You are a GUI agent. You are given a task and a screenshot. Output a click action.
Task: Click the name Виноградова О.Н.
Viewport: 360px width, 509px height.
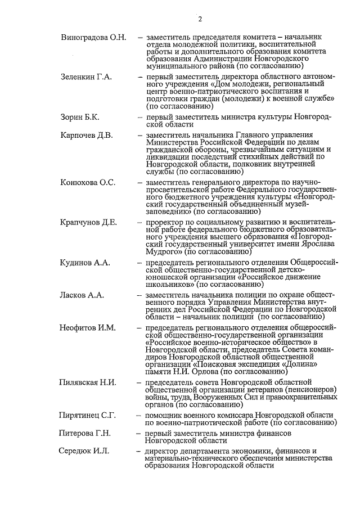click(x=93, y=38)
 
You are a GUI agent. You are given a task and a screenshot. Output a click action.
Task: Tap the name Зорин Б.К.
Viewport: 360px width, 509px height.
click(x=80, y=116)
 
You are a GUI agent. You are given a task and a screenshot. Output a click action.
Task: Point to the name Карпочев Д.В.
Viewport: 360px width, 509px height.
click(x=87, y=135)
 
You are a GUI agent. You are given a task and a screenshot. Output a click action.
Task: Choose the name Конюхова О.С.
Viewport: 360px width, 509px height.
click(x=88, y=183)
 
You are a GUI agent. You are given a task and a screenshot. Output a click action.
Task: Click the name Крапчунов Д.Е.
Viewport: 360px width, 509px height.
click(x=89, y=222)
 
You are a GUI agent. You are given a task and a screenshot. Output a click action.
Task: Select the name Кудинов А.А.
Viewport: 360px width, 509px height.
click(x=85, y=262)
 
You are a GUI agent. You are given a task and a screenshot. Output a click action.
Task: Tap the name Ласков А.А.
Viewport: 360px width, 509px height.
click(x=82, y=294)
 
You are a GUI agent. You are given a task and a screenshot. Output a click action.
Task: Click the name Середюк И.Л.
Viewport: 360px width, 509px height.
click(x=85, y=451)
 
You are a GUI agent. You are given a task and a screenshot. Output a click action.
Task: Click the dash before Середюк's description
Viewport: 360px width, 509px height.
click(x=139, y=451)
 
